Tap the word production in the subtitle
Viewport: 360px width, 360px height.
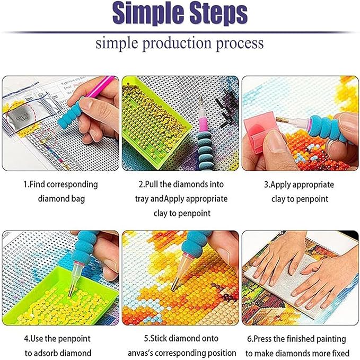coord(177,43)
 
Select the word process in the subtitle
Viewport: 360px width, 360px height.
coord(239,43)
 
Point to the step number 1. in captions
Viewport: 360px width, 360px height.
coord(27,185)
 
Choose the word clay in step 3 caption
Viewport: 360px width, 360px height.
coord(278,199)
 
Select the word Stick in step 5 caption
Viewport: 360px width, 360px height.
coord(159,338)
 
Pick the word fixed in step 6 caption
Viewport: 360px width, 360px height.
coord(340,353)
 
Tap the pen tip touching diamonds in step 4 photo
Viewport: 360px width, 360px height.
coord(71,293)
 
